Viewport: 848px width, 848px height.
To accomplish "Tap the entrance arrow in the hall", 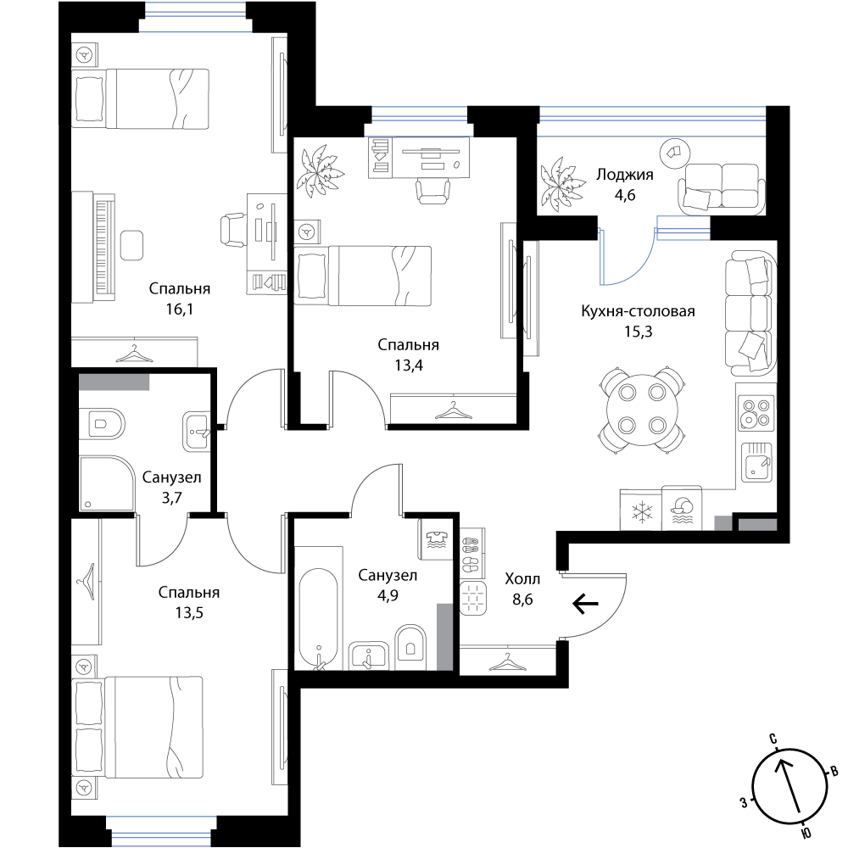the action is tap(585, 603).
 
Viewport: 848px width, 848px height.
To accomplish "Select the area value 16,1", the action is tap(180, 309).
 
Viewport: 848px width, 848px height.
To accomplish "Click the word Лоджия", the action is tap(625, 175).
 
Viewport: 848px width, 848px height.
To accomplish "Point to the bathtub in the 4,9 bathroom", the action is tap(319, 618).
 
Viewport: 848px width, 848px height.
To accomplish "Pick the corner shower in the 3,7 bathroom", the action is tap(107, 483).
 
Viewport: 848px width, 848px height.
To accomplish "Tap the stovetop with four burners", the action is tap(756, 412).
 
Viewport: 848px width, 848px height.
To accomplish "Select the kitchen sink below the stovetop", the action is tap(756, 461).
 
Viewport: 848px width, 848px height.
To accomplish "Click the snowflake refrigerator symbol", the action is tap(642, 511).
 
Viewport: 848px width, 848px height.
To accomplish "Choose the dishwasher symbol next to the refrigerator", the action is tap(682, 510).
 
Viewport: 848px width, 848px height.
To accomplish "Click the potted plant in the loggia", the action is tap(562, 184).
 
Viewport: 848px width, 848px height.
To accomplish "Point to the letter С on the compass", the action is tap(773, 739).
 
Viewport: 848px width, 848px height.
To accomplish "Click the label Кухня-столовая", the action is tap(639, 311).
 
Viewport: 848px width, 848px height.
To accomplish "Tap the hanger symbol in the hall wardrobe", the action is tap(507, 661).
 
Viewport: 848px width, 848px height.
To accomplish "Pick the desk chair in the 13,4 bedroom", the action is tap(432, 190).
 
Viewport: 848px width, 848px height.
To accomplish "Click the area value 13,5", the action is tap(189, 613).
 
